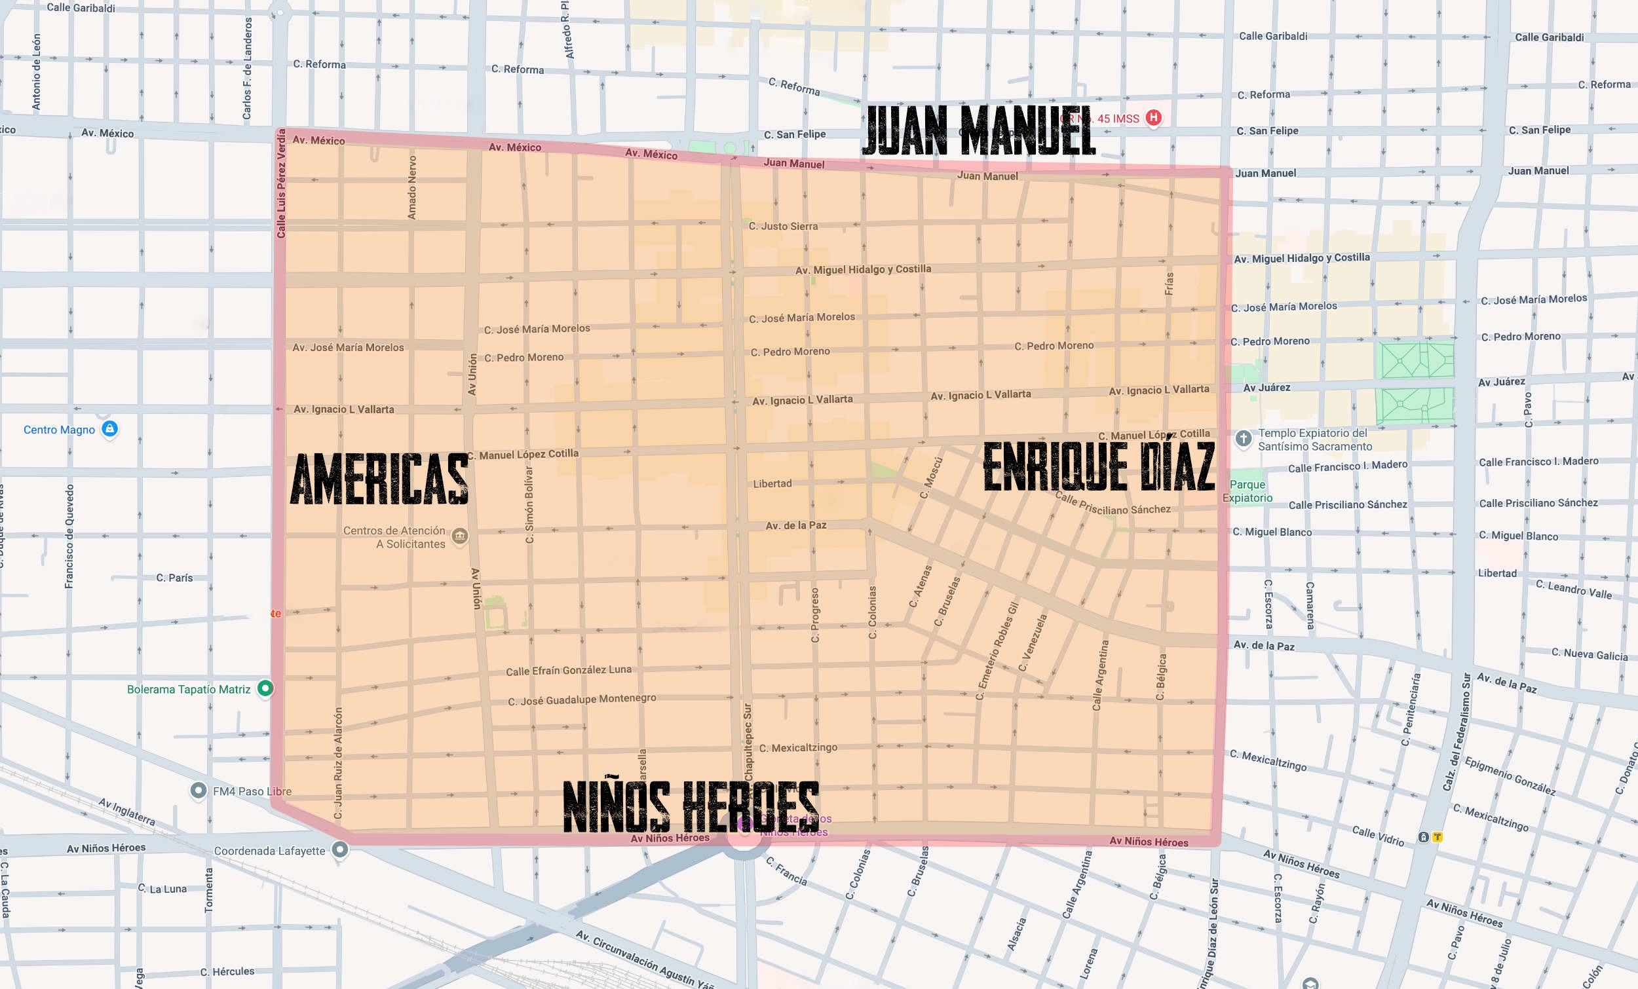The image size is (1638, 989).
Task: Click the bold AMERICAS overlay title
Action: (379, 479)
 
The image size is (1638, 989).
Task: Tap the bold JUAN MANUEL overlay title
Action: (979, 131)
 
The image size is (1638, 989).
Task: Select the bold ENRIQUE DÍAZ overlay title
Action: (1098, 466)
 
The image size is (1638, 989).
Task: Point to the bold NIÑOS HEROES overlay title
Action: (691, 806)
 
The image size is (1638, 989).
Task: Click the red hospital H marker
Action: (1153, 118)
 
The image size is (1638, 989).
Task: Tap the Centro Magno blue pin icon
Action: (109, 429)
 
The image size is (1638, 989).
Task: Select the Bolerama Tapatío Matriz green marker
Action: (265, 688)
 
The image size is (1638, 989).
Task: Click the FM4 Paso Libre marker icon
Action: (198, 791)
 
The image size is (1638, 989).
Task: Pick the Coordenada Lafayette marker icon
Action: (339, 849)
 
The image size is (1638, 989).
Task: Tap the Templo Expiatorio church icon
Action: (1243, 439)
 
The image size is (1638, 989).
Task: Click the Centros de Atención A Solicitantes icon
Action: (459, 536)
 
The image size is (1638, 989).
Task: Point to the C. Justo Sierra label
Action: (783, 226)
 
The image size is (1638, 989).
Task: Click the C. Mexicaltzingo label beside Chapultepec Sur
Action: (798, 748)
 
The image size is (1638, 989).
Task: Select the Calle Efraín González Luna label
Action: (568, 670)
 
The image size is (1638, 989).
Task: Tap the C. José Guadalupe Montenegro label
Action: (582, 700)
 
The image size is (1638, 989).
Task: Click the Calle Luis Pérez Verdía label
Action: (280, 183)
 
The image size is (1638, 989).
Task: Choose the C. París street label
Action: (174, 578)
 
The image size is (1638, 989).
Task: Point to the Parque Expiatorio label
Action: (1247, 491)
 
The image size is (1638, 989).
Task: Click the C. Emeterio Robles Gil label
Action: (997, 650)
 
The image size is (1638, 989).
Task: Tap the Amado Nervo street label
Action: (412, 187)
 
